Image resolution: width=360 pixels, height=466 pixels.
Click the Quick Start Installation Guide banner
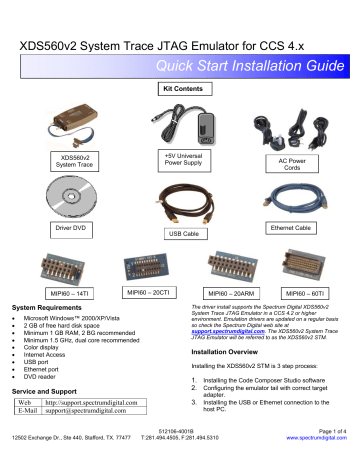[241, 68]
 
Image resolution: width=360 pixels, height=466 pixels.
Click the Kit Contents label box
[180, 89]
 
